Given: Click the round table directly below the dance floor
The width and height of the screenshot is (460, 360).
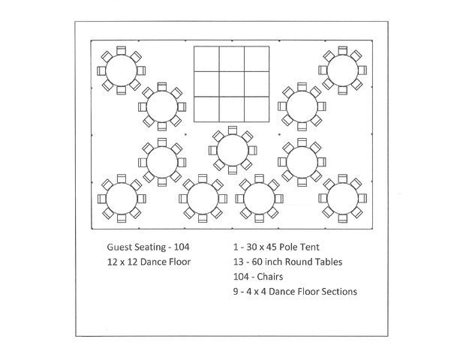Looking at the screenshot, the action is point(233,150).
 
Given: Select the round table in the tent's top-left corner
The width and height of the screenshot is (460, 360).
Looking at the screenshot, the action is point(121,70).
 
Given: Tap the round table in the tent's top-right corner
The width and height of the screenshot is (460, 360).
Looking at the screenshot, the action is point(342,70).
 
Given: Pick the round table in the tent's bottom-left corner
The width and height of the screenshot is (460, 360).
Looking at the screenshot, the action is point(122,199).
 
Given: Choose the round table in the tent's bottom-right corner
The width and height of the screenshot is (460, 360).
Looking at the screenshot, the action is point(343,199).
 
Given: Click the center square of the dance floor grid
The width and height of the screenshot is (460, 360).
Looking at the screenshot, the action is point(232,84).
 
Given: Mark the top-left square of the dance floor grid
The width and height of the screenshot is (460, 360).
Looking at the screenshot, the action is point(206,58).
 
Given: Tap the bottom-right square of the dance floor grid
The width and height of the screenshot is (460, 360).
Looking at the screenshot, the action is point(257,109).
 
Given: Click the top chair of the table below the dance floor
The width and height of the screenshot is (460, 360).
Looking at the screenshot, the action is point(233,130).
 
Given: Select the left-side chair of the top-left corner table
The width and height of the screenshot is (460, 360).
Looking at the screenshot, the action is point(101,70).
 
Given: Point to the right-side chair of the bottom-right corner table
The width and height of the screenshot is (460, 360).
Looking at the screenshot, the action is point(362,199).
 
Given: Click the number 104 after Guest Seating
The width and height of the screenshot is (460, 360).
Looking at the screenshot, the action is point(182,247).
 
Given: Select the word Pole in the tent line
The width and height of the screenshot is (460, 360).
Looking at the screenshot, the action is point(287,247).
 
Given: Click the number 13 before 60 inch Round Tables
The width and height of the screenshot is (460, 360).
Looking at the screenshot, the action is point(239,262).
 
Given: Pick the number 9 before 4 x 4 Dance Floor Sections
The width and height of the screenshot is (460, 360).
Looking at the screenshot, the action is point(236,292).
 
